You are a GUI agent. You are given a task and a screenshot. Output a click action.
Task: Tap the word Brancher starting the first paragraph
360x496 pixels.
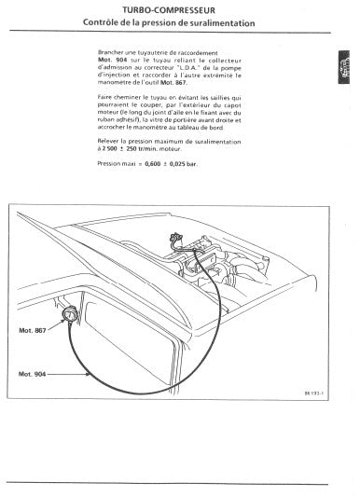point(112,53)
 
